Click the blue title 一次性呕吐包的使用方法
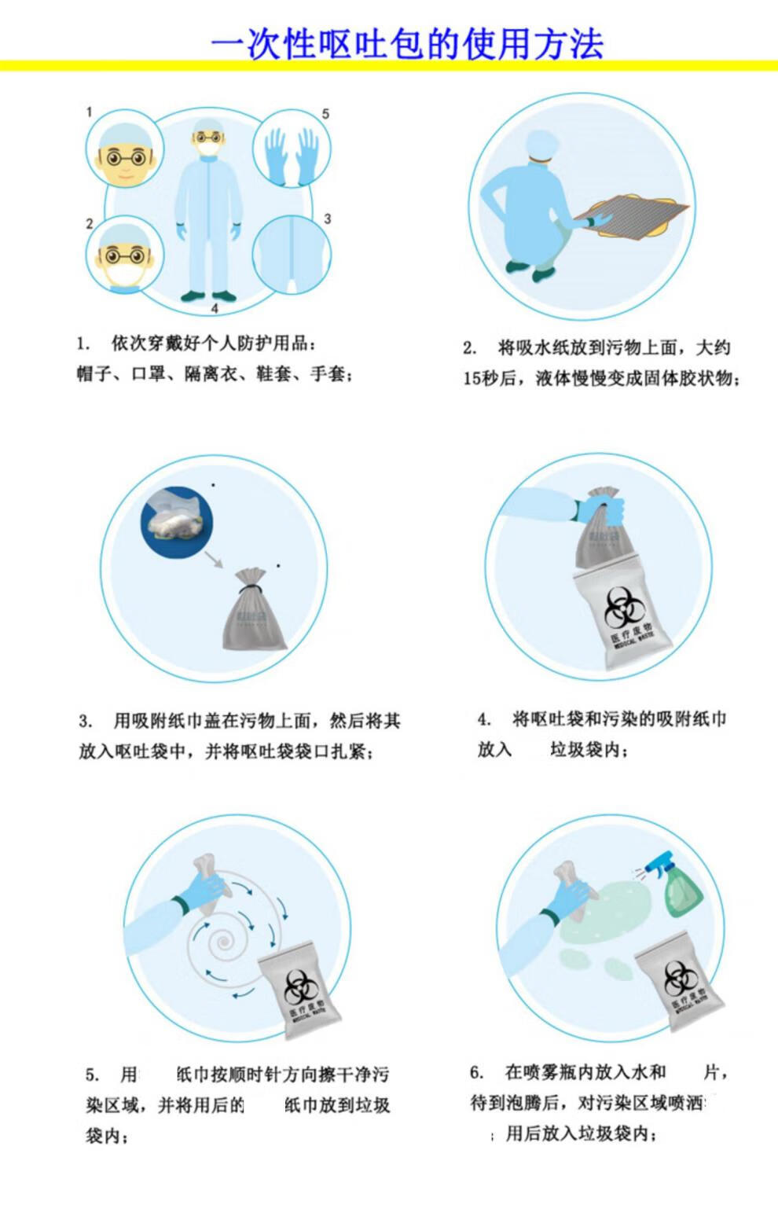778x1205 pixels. [x=406, y=44]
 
